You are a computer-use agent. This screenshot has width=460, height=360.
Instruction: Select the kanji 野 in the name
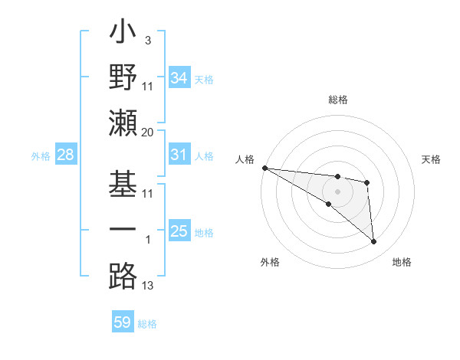[123, 78]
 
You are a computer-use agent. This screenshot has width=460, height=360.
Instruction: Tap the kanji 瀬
[123, 123]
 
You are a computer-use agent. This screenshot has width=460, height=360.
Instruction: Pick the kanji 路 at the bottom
[123, 277]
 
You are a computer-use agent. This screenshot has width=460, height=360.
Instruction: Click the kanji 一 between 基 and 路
[123, 231]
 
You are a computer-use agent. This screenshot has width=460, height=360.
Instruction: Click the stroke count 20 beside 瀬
[148, 133]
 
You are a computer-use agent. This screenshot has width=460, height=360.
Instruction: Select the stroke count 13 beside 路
[148, 286]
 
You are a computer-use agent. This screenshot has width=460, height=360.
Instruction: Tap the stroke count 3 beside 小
[147, 40]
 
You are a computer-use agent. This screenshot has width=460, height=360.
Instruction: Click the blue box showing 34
[179, 78]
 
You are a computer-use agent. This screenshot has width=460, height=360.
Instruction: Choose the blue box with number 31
[179, 155]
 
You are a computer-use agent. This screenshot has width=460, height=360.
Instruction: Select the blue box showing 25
[179, 231]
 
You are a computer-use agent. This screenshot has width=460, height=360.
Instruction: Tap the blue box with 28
[66, 155]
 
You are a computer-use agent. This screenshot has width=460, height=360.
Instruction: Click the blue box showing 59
[123, 322]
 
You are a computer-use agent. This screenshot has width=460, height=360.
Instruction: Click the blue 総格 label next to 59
[147, 324]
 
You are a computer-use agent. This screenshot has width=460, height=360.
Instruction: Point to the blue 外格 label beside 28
[41, 156]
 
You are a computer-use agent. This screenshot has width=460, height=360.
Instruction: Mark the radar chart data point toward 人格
[264, 168]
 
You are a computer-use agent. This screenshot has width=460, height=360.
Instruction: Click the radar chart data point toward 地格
[373, 242]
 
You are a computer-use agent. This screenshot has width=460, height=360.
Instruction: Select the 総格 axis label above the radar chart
[337, 100]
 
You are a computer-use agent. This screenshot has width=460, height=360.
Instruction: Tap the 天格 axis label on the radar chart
[432, 159]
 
